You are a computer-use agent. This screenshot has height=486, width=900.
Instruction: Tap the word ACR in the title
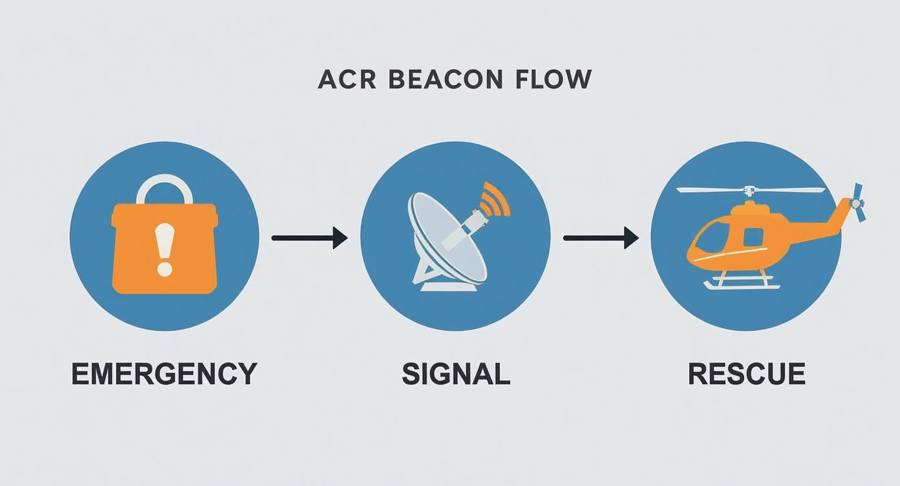click(x=347, y=79)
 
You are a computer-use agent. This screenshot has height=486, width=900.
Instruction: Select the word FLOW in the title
click(x=553, y=79)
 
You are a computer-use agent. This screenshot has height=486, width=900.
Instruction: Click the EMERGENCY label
click(x=164, y=374)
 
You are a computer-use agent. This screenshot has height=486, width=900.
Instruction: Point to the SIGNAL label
click(x=456, y=374)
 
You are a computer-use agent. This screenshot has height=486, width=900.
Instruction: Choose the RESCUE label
click(x=746, y=374)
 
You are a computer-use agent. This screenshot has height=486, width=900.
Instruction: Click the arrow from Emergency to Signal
click(x=309, y=238)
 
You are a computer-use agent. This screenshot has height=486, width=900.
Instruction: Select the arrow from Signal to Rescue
click(x=601, y=238)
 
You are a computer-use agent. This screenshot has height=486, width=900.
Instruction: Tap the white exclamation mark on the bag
click(x=165, y=249)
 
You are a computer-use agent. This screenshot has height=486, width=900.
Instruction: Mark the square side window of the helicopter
click(x=753, y=237)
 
